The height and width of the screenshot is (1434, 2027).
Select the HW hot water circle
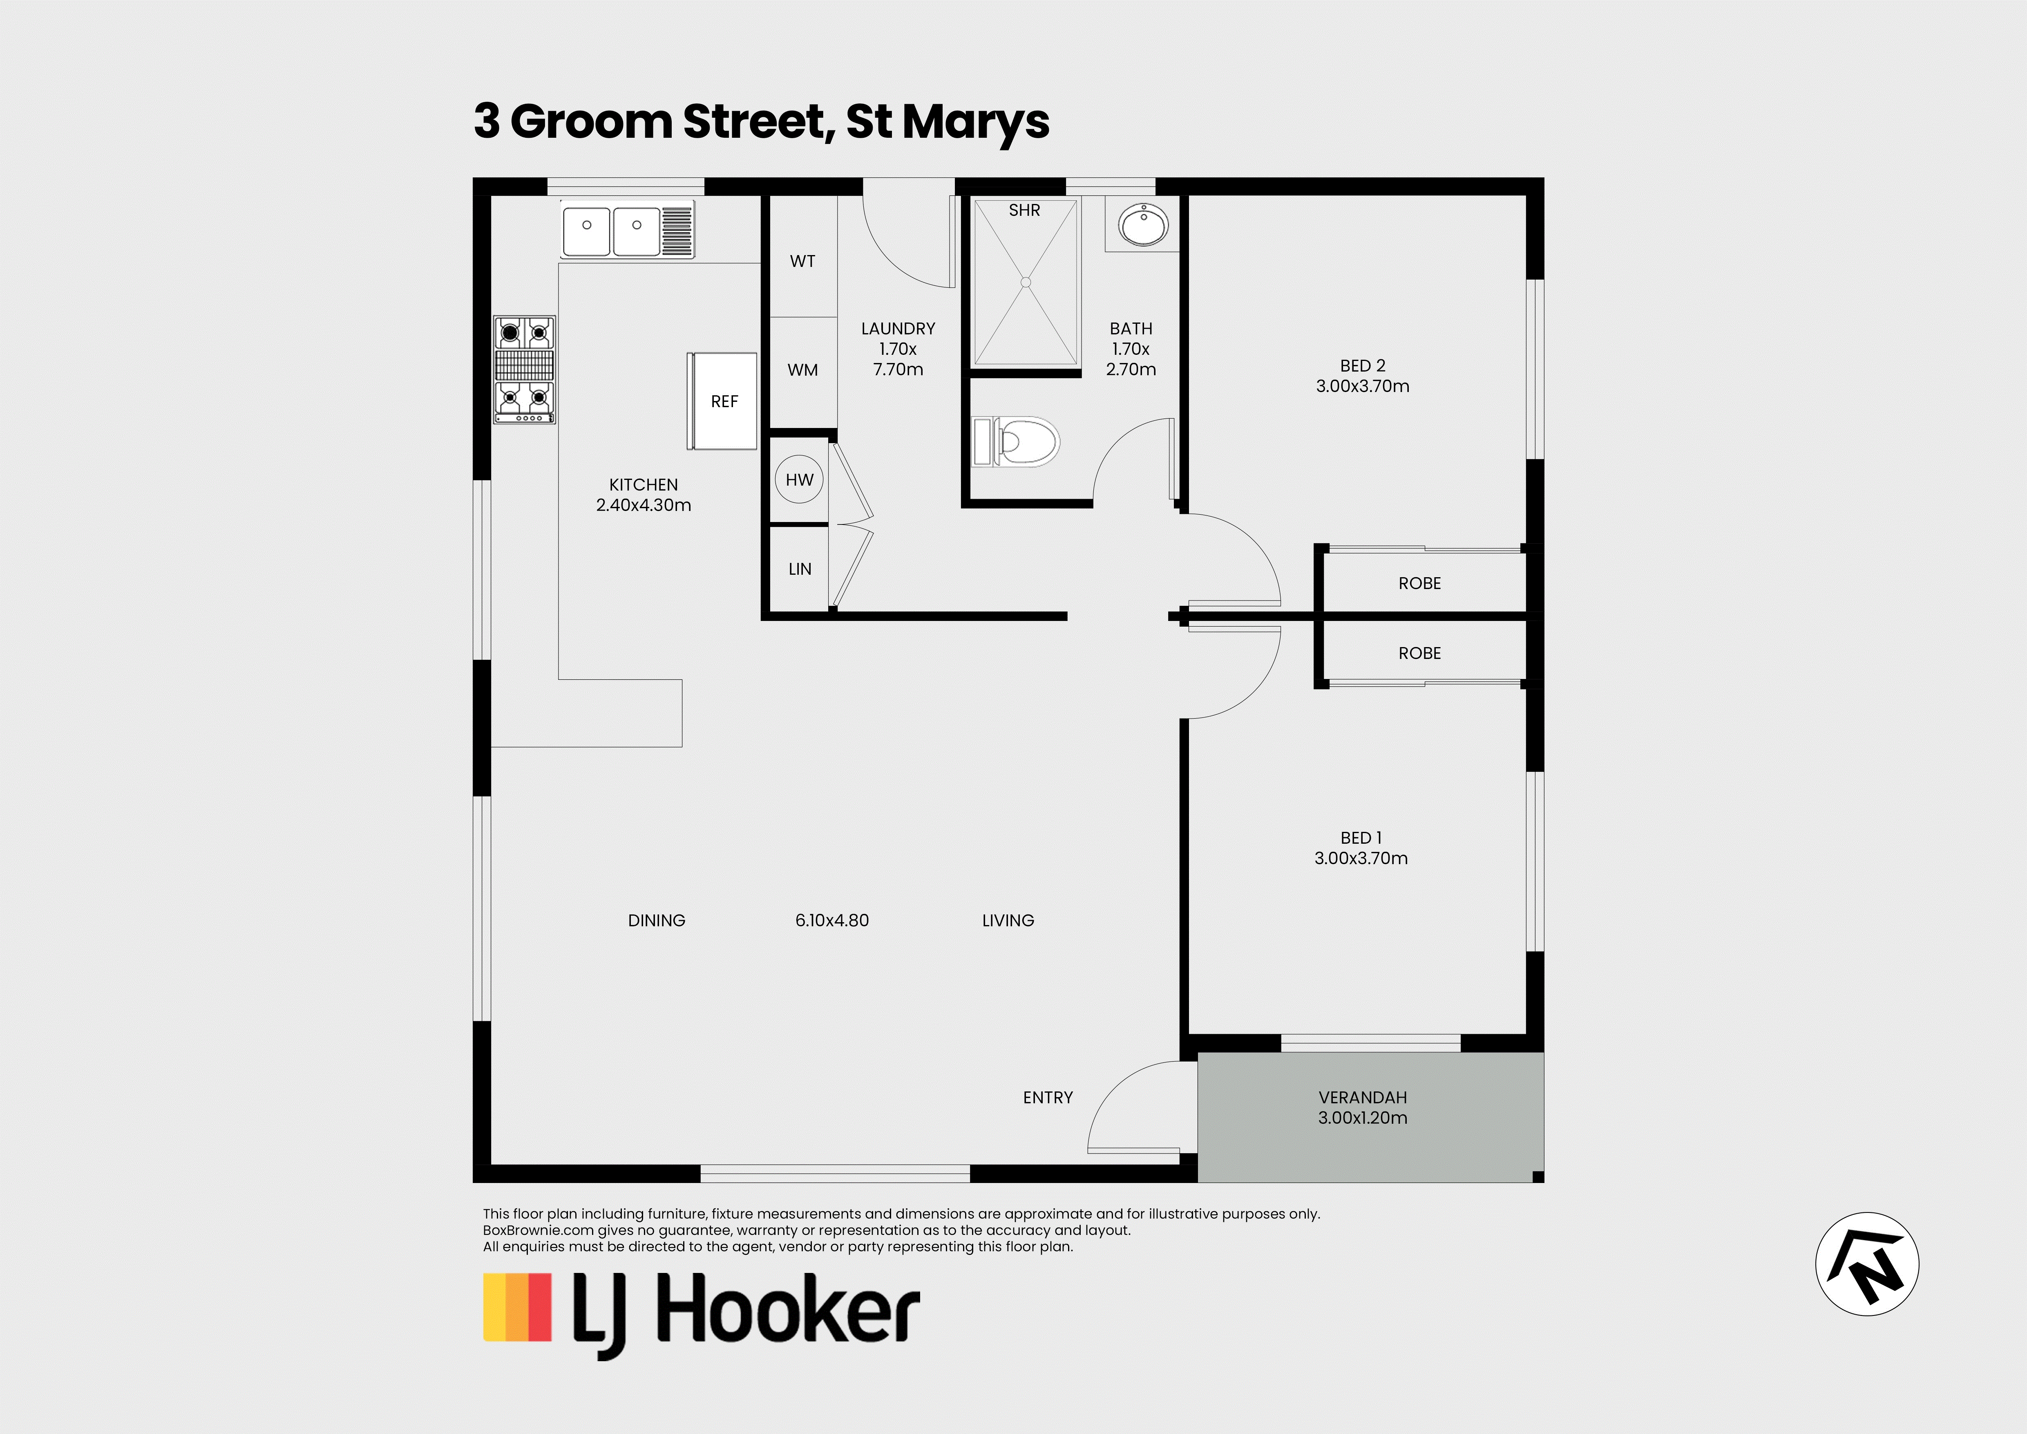799,479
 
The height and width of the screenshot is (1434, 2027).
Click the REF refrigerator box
722,401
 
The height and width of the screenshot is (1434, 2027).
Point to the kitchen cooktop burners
524,370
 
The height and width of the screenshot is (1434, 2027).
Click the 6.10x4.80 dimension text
831,920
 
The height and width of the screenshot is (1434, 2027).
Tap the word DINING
656,920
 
